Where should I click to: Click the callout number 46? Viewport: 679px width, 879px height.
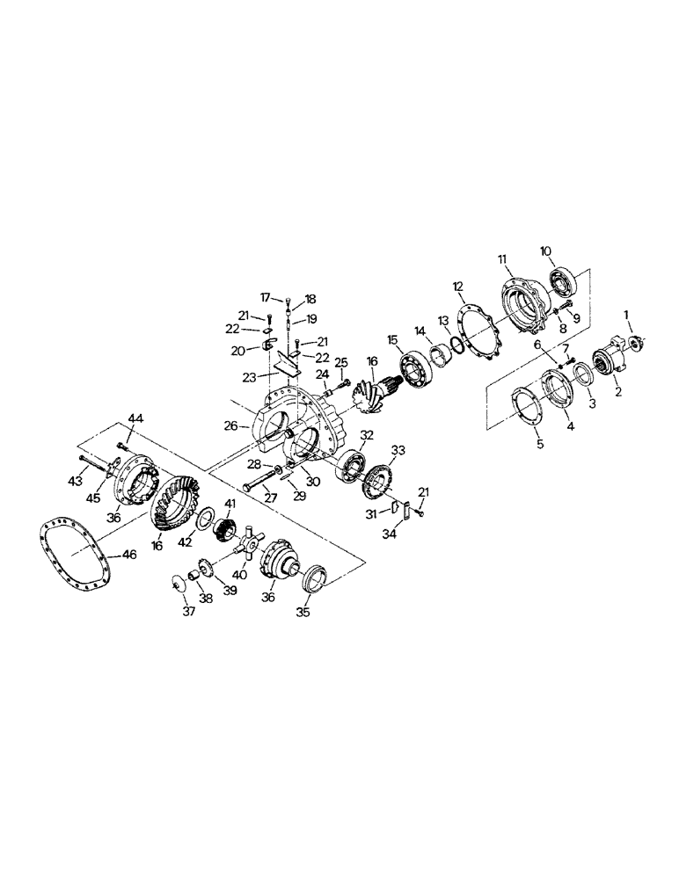click(129, 556)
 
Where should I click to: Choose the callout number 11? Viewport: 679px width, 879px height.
click(502, 259)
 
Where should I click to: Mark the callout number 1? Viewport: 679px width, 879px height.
click(626, 314)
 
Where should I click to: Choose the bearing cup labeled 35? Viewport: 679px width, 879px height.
click(315, 583)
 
